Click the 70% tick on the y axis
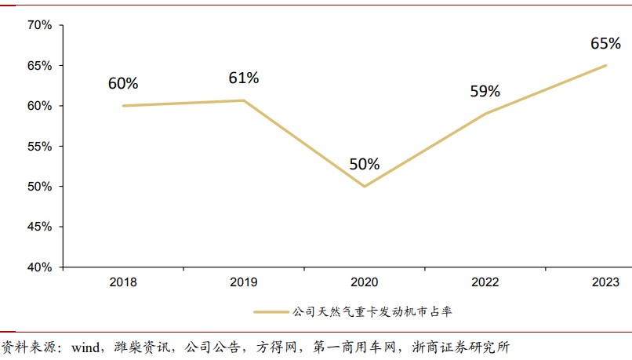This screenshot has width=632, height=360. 38,25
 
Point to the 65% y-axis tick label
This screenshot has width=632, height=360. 38,66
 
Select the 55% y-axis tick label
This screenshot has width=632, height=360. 38,147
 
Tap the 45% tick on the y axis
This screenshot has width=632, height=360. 38,227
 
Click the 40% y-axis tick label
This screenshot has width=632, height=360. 38,267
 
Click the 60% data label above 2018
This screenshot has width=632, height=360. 123,83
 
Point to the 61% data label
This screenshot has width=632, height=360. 243,78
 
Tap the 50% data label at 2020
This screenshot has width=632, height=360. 364,165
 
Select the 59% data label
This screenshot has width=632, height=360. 485,91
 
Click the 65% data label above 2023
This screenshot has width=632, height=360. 605,43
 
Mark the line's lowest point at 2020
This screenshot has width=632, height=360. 364,187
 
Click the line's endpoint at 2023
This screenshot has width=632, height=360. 606,65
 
